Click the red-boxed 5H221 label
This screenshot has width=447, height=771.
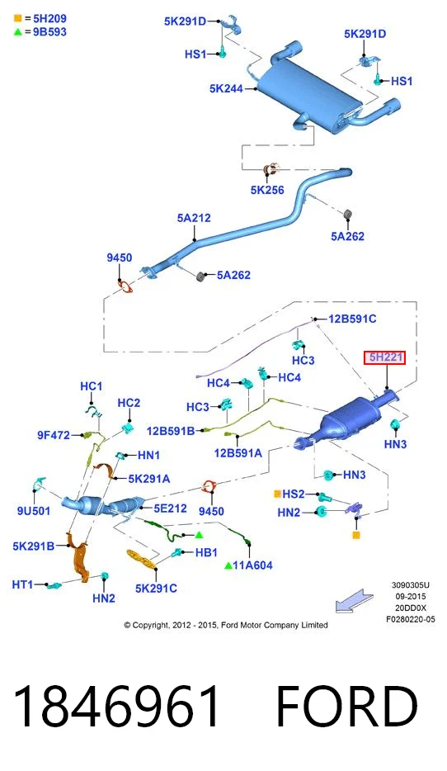coord(385,357)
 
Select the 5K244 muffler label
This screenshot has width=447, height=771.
coord(226,88)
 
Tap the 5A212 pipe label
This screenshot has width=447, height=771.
coord(194,218)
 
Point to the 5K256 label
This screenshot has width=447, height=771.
coord(267,190)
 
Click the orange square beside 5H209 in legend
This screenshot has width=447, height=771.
coord(17,19)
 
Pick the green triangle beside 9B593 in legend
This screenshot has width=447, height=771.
coord(17,32)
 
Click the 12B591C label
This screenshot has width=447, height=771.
coord(352,319)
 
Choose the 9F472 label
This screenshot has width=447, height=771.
coord(54,435)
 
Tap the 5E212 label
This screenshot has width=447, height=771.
coord(170,508)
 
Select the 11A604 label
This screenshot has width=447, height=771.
coord(252,565)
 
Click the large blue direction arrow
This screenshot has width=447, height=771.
coord(354,600)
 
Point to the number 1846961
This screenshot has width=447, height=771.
coord(117,707)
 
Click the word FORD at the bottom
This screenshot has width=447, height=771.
coord(346,707)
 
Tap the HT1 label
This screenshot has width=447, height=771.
coord(22,584)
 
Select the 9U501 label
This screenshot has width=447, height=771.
coord(34,511)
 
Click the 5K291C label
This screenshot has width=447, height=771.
coord(156,588)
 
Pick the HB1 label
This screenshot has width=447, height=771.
coord(206,553)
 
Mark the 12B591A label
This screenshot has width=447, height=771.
coord(238,453)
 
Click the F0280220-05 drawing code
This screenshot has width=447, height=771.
coord(411,620)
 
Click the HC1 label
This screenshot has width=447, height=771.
coord(92,386)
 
